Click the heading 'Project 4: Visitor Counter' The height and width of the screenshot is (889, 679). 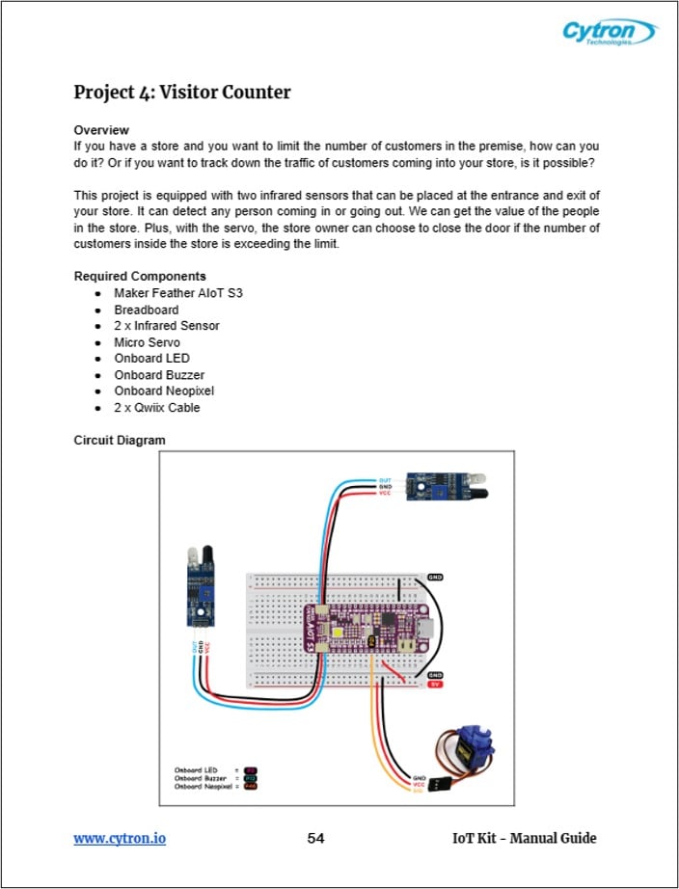pyautogui.click(x=182, y=93)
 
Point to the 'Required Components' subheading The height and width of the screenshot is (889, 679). pyautogui.click(x=139, y=277)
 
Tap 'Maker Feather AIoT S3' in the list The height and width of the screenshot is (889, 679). pyautogui.click(x=177, y=293)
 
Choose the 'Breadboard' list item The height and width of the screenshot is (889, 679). pyautogui.click(x=146, y=310)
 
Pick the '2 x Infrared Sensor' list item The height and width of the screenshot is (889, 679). pyautogui.click(x=166, y=326)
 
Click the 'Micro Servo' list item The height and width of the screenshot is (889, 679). pyautogui.click(x=147, y=342)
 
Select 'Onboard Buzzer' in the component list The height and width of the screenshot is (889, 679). pyautogui.click(x=158, y=375)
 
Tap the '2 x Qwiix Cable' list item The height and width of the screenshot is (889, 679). pyautogui.click(x=157, y=408)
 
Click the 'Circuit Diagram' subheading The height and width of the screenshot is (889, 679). pyautogui.click(x=120, y=441)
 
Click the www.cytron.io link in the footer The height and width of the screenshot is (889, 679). pyautogui.click(x=120, y=838)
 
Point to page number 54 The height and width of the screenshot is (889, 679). pyautogui.click(x=315, y=838)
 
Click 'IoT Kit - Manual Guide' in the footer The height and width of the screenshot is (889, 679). pyautogui.click(x=524, y=838)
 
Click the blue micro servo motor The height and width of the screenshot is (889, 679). pyautogui.click(x=475, y=748)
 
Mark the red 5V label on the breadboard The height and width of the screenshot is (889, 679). pyautogui.click(x=435, y=686)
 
